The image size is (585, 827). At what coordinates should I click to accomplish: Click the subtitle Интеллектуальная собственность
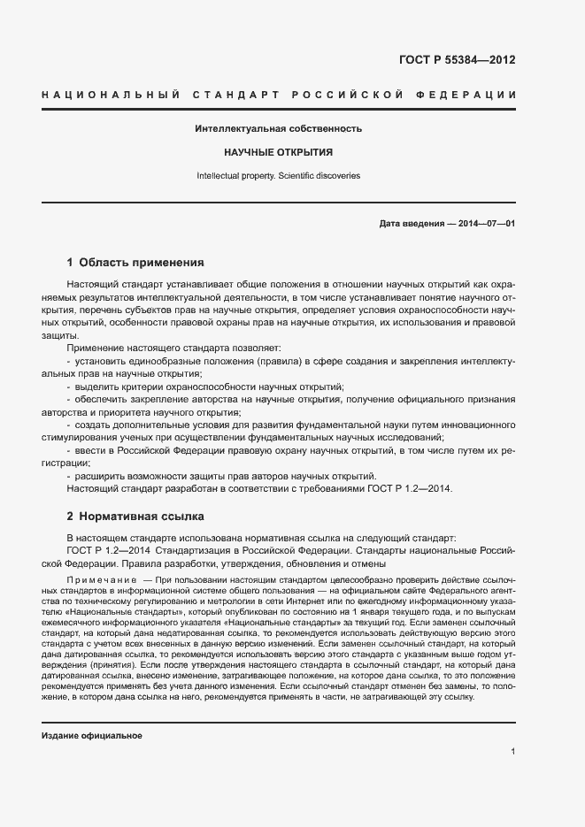point(278,129)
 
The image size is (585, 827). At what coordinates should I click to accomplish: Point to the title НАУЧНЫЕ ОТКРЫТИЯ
point(278,153)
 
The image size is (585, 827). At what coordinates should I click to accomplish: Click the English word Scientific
point(301,176)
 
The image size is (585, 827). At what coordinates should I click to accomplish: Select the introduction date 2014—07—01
point(487,224)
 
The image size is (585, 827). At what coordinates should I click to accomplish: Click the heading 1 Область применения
point(135,263)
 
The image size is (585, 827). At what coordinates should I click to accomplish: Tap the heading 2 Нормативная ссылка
point(135,515)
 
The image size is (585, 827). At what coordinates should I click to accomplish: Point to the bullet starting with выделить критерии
point(209,387)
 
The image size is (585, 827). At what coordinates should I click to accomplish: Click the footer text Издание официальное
point(92,736)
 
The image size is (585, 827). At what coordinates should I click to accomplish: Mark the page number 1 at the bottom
point(512,751)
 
